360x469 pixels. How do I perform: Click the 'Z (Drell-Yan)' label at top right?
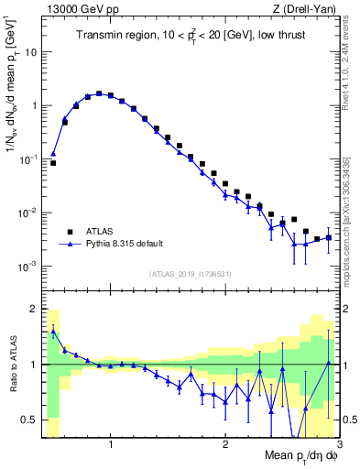(x=310, y=8)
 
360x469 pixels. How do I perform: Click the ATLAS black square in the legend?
(x=69, y=232)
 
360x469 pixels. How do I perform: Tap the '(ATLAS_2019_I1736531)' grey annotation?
(x=191, y=273)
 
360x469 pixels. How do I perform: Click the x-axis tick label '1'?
(x=111, y=444)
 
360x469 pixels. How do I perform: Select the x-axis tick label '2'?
(x=225, y=444)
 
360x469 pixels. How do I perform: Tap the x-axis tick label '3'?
(x=338, y=444)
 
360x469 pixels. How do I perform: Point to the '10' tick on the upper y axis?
(x=29, y=51)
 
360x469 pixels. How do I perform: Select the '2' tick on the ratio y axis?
(x=33, y=309)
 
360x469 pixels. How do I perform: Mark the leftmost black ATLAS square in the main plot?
(x=53, y=163)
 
